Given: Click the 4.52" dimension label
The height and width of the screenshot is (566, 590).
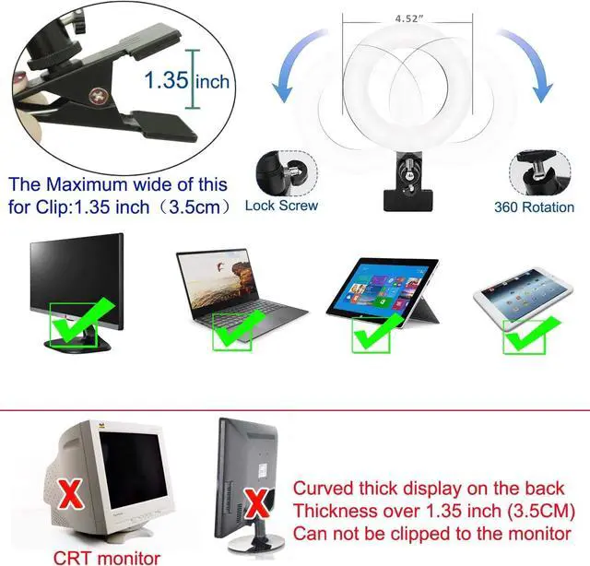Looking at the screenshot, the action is pos(408,18).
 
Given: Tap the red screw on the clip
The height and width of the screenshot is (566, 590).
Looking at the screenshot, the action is pos(99,96).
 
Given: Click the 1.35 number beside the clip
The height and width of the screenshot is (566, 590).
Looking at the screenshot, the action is pos(166,80).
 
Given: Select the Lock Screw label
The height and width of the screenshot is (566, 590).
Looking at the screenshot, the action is pos(281,206).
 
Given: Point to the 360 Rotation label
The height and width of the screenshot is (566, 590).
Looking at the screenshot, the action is pos(535,207).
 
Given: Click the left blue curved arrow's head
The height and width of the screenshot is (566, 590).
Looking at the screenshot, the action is pos(282,91).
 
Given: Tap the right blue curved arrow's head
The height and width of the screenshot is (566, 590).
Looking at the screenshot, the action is pos(541,91).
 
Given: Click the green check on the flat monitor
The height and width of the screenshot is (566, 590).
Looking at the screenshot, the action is pos(82,321).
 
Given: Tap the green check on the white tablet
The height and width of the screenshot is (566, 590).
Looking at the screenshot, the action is pos(531,334).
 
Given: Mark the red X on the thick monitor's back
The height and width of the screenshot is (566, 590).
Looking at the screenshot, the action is pos(257,502).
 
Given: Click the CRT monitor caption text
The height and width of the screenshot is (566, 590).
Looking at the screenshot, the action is pos(107,558).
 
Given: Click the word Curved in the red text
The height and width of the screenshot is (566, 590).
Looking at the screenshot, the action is pos(324,488).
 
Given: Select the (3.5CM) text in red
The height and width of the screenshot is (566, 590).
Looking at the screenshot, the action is pos(541,511).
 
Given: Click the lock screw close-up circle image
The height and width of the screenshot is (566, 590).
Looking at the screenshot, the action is pos(287,173).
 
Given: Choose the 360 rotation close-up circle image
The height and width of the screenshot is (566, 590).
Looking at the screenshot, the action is pos(540,173).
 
